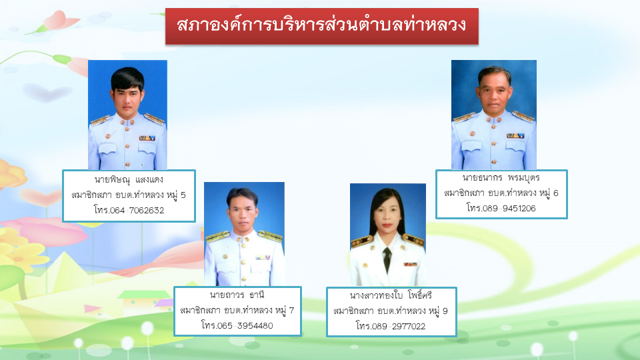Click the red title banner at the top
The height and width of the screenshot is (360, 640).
[321, 26]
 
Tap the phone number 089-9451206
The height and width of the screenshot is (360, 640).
[509, 208]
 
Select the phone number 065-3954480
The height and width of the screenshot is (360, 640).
[245, 326]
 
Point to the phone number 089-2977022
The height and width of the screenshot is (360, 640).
[399, 326]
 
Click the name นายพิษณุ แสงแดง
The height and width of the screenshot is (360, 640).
[129, 179]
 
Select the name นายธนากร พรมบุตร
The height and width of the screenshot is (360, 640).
[501, 177]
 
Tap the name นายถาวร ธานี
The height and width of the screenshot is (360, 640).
[237, 295]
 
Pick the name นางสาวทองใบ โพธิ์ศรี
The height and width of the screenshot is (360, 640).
[391, 295]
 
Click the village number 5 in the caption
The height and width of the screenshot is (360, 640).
[183, 195]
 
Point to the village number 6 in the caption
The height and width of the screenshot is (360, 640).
[555, 193]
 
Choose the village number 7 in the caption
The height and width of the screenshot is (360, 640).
[291, 310]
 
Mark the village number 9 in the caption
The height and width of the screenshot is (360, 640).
[445, 311]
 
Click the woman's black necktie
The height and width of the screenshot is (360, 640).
[387, 259]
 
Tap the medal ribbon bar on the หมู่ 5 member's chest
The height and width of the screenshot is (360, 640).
[147, 138]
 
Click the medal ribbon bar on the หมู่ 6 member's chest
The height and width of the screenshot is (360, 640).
[515, 135]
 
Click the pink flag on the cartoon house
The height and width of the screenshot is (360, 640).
[92, 309]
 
